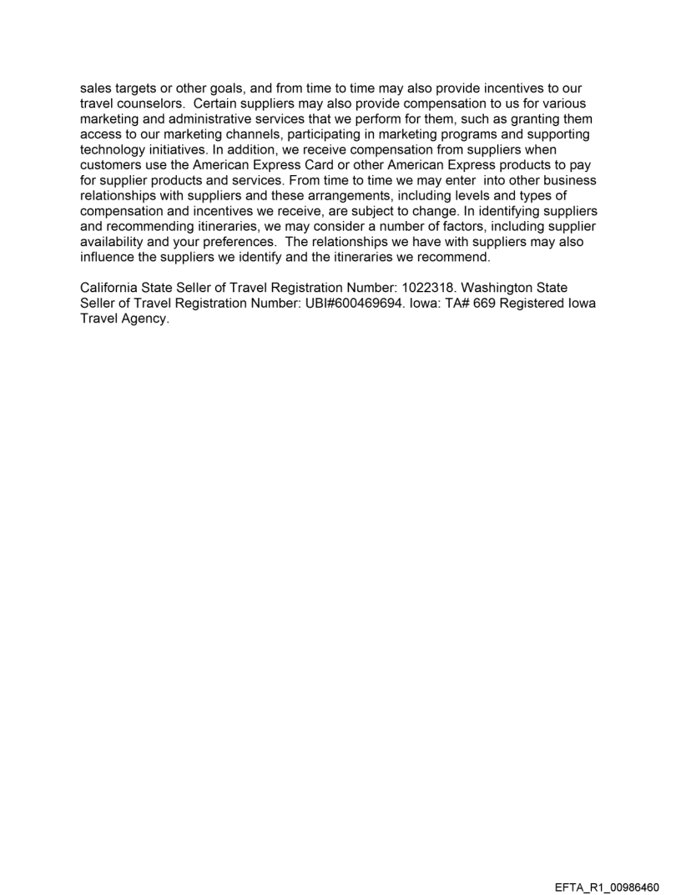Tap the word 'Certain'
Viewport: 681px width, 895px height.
point(217,103)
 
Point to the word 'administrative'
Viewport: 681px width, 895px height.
point(196,118)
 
